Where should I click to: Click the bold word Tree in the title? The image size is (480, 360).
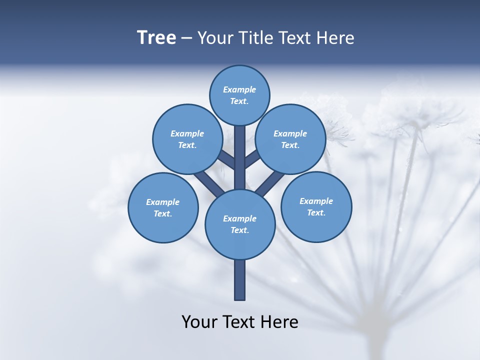[156, 38]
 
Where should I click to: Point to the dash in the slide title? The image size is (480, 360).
[187, 38]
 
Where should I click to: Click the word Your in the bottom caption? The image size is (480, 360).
[199, 321]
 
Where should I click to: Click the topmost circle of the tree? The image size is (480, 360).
[239, 95]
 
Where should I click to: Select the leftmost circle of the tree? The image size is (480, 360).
[163, 207]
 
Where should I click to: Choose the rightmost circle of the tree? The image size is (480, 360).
[316, 206]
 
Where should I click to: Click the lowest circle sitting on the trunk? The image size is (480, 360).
[240, 224]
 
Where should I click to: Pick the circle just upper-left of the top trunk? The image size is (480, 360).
[187, 139]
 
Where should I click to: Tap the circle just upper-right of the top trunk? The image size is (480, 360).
[290, 139]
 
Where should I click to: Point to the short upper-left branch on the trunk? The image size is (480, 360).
[226, 160]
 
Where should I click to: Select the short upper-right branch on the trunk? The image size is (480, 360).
[252, 159]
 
